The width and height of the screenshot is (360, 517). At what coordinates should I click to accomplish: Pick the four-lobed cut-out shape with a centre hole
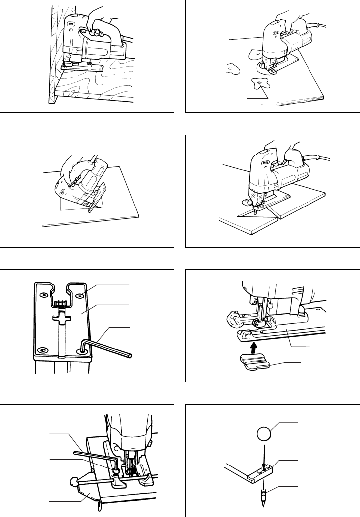point(260,84)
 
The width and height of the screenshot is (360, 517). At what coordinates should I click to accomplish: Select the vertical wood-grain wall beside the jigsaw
point(52,54)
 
